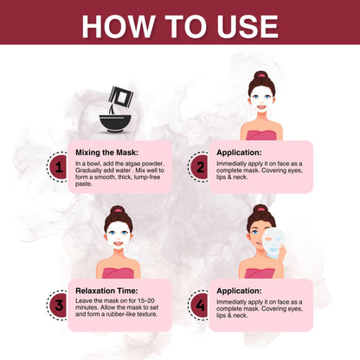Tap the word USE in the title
point(247,26)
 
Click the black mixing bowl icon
point(115,124)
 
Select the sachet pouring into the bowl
point(120,96)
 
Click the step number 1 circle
point(58,167)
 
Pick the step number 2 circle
point(199,167)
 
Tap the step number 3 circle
point(58,305)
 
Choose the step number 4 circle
point(199,305)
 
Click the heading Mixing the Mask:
point(106,152)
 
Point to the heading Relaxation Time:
point(106,291)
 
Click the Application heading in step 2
point(239,152)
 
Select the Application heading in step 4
point(239,291)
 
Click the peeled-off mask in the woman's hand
point(273,243)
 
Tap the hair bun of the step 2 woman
point(261,76)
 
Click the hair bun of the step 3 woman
point(118,211)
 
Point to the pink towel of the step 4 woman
point(260,273)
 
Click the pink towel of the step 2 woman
point(261,135)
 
